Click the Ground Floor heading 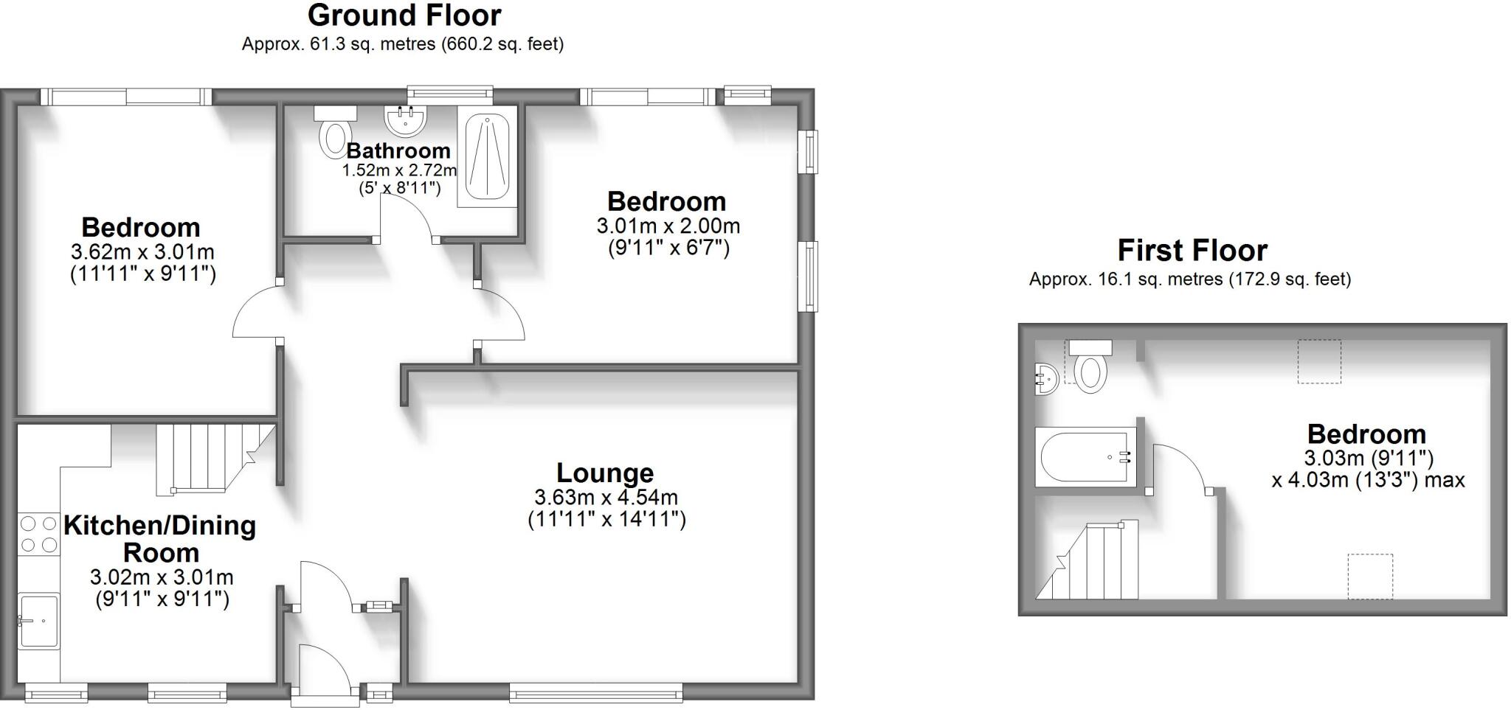[x=404, y=15]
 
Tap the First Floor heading [x=1192, y=251]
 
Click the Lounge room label [x=605, y=473]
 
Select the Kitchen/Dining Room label [x=160, y=539]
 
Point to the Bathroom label [x=398, y=150]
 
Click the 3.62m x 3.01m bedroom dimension [x=143, y=252]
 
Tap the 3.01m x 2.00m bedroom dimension [x=668, y=226]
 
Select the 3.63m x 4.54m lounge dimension [x=606, y=498]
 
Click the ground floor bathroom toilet [x=335, y=133]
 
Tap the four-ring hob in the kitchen [x=39, y=535]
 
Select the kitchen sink [x=39, y=620]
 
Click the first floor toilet [x=1090, y=366]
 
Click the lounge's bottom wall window [x=595, y=692]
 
